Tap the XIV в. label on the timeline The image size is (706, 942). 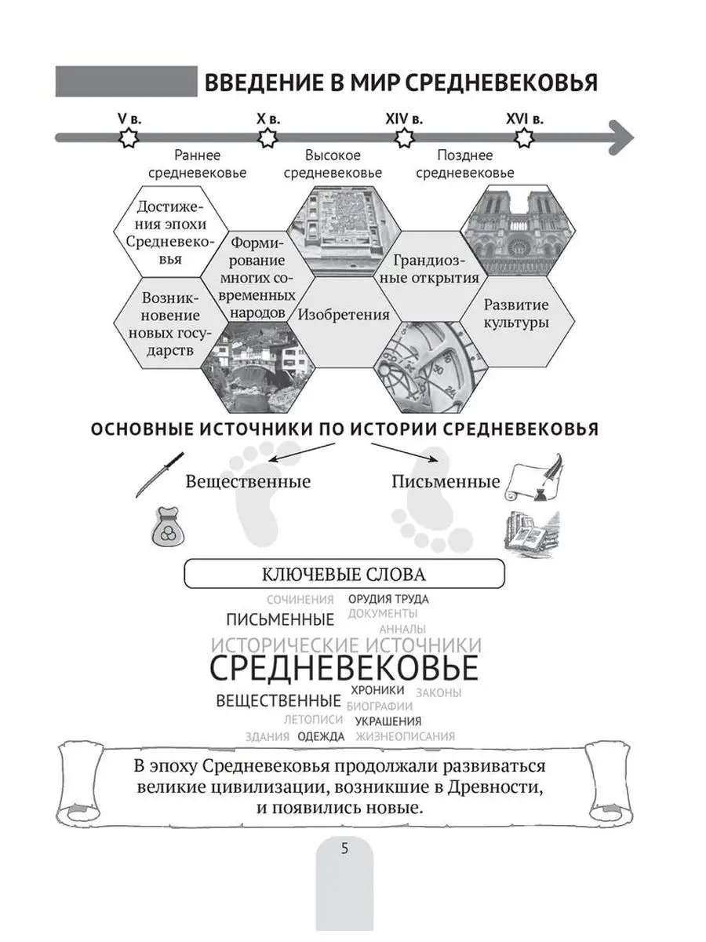click(404, 119)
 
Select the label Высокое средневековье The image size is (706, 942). click(333, 163)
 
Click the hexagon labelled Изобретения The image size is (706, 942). click(344, 315)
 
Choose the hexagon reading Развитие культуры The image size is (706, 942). click(515, 314)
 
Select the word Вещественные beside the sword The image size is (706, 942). click(248, 481)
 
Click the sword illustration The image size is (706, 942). click(159, 473)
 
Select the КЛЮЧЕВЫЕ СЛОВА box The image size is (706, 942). click(344, 575)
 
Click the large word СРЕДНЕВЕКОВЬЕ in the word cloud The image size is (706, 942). click(344, 669)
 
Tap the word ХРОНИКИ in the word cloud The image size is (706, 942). click(378, 690)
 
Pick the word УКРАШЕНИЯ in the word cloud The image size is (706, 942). click(388, 721)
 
